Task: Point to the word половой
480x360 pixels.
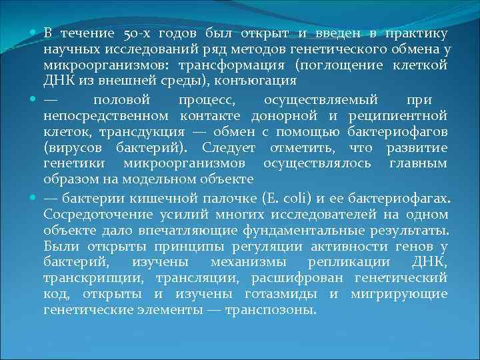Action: (x=119, y=99)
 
